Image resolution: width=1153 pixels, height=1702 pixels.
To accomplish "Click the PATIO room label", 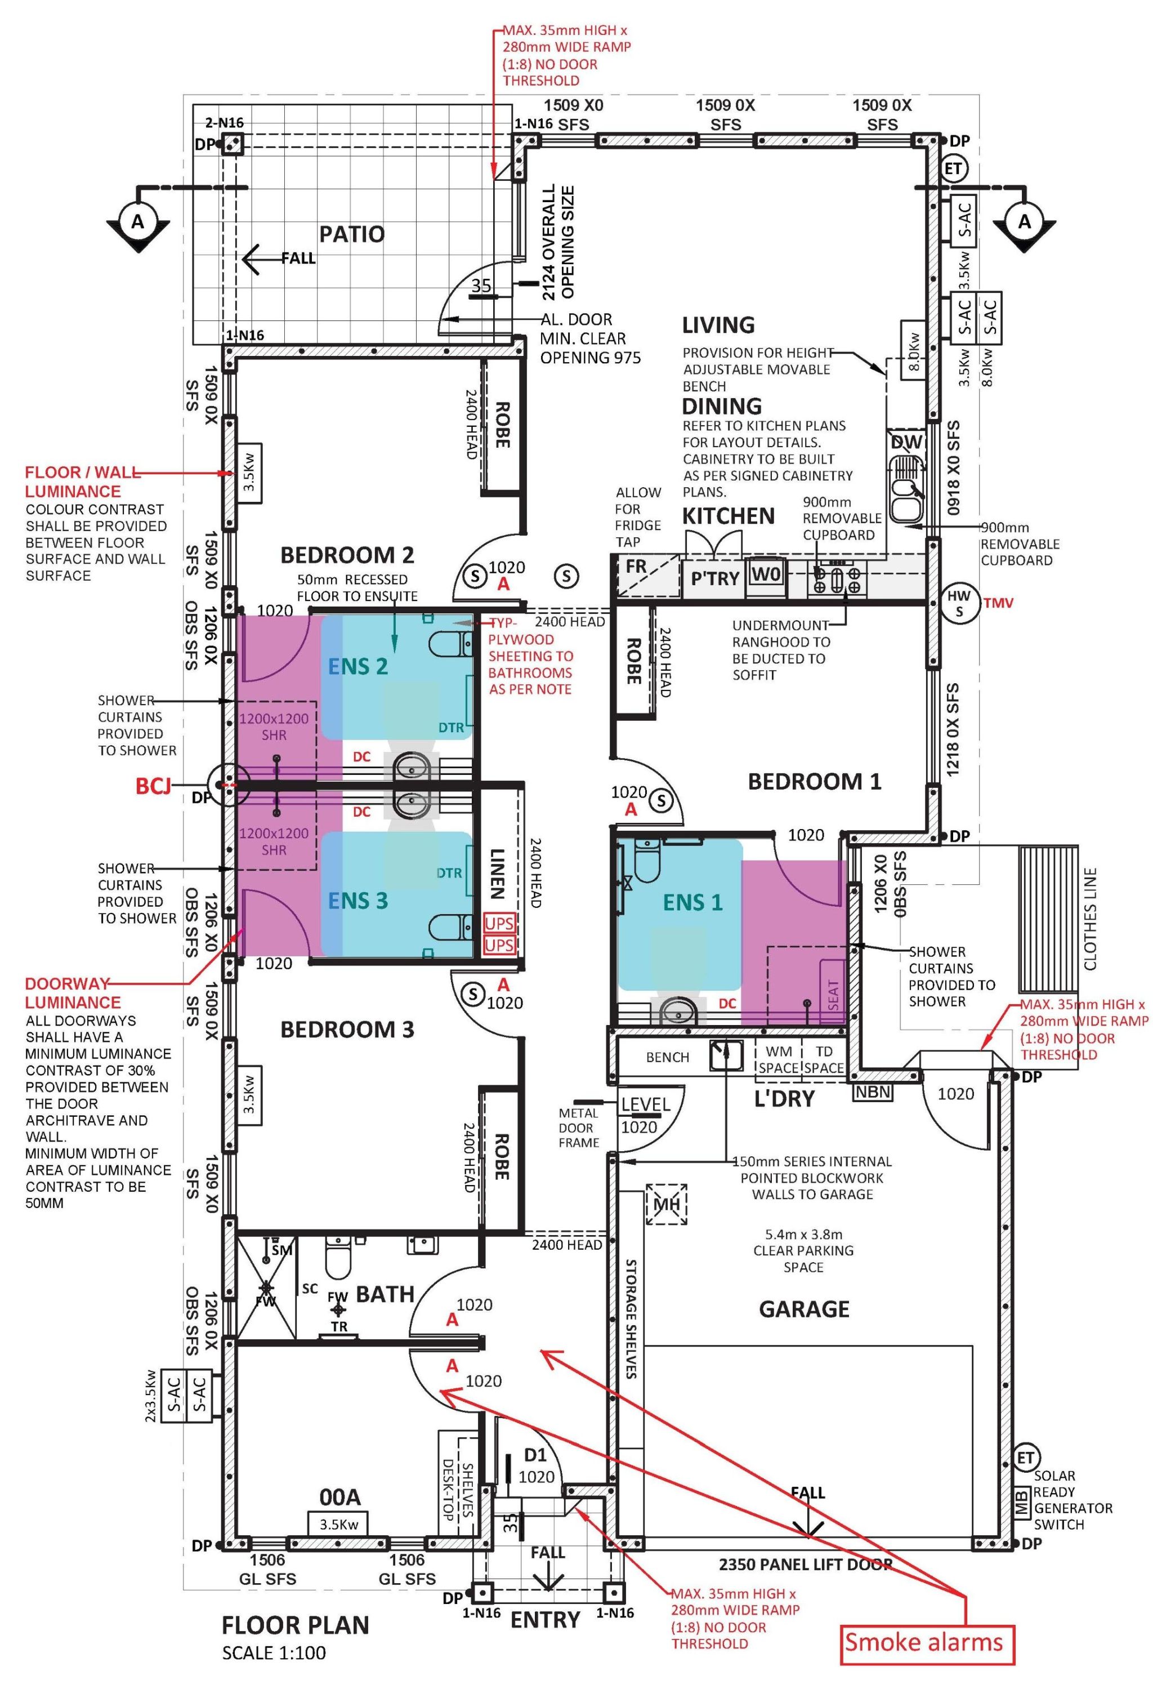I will [x=351, y=234].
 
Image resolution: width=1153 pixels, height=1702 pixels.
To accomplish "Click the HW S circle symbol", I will [x=959, y=603].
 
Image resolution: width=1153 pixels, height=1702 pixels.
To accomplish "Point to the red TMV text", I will [x=999, y=603].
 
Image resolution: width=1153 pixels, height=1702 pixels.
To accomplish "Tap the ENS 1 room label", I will [x=692, y=902].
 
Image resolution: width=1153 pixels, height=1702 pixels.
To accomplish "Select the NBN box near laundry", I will [x=873, y=1092].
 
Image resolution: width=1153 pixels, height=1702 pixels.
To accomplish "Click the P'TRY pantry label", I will [x=714, y=578].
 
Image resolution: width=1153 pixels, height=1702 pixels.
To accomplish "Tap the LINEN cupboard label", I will [x=497, y=873].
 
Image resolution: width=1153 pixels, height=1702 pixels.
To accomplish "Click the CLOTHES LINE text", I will [x=1090, y=919].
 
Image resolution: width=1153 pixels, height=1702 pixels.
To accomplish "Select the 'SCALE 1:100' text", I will [x=274, y=1652].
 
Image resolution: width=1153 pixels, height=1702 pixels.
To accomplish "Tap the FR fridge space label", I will [x=636, y=566].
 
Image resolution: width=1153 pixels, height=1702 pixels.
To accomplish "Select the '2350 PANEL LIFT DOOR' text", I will [x=805, y=1565].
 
